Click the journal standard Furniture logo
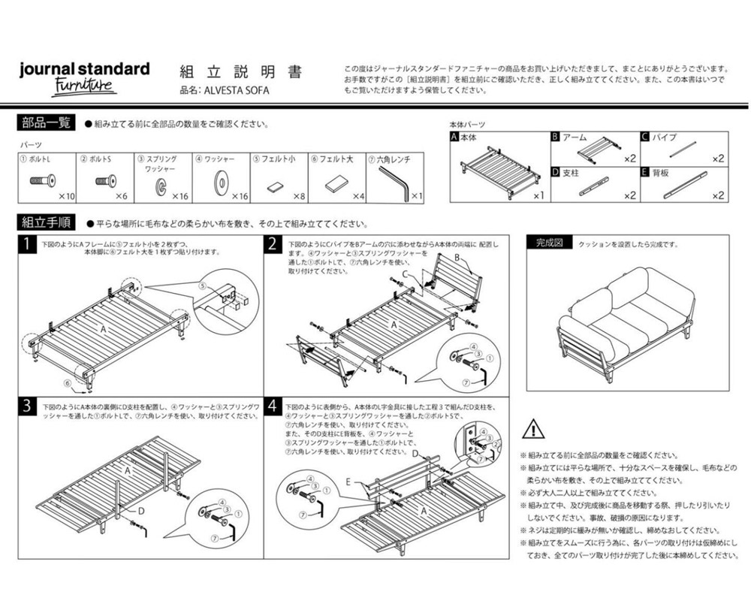(83, 77)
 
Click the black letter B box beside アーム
(555, 137)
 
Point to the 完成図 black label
(549, 243)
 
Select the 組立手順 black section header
(45, 222)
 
